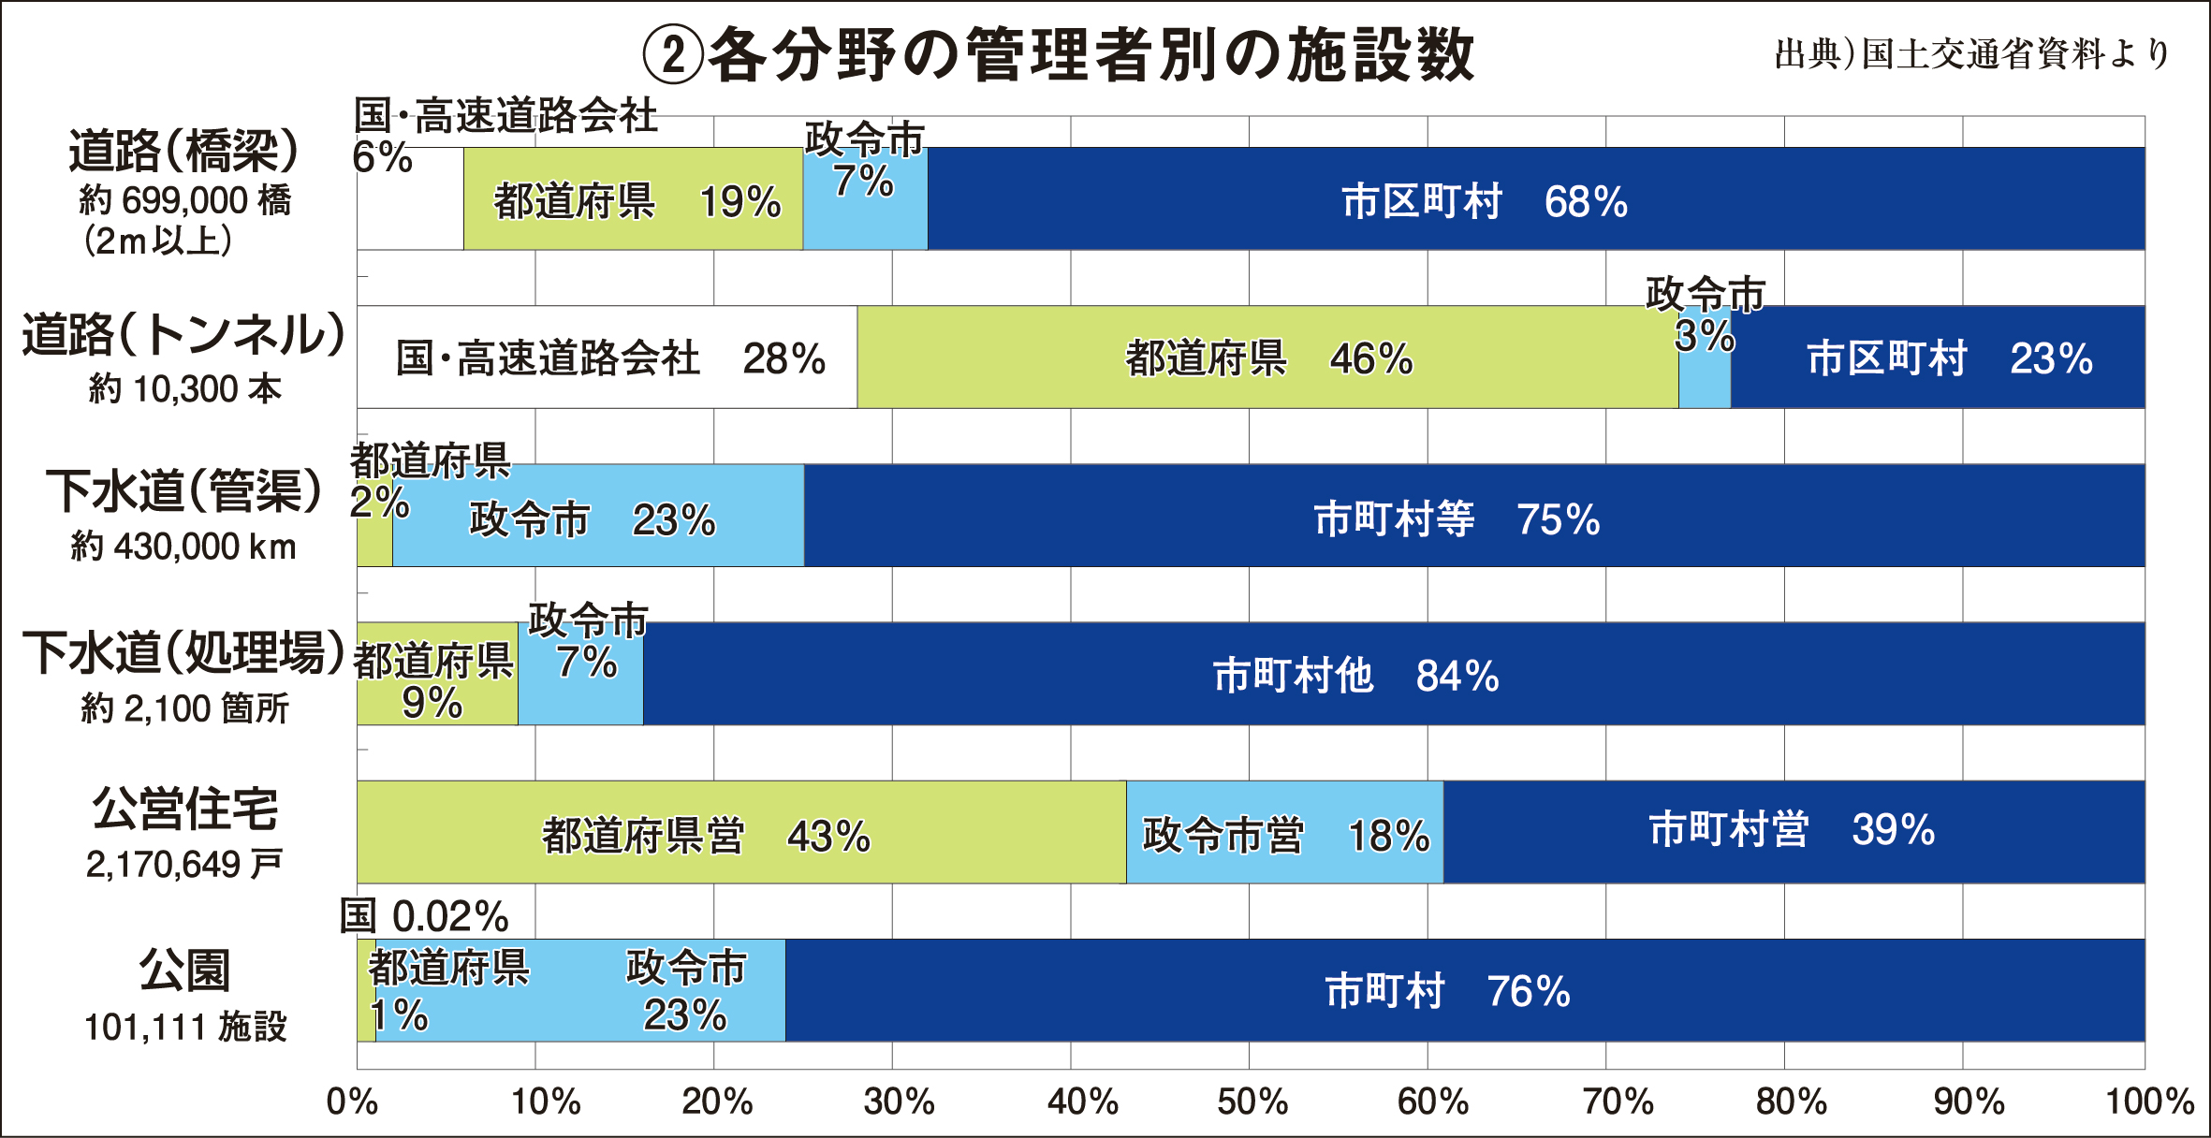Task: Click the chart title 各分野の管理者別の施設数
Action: click(1058, 54)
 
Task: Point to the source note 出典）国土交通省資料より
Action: click(1971, 54)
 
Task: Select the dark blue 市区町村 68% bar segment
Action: click(1535, 198)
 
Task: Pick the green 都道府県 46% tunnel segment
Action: click(1267, 357)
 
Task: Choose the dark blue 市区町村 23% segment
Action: click(1938, 357)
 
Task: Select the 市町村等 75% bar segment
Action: click(1473, 517)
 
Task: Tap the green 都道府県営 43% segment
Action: click(741, 833)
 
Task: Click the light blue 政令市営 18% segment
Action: click(1284, 833)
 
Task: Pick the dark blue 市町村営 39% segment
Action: click(1794, 831)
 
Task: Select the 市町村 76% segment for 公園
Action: click(1464, 990)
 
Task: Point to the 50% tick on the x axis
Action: click(1252, 1102)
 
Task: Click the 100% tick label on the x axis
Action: click(2149, 1102)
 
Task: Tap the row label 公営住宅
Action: click(185, 809)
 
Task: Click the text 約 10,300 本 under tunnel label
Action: click(185, 388)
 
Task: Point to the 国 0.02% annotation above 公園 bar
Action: click(423, 915)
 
